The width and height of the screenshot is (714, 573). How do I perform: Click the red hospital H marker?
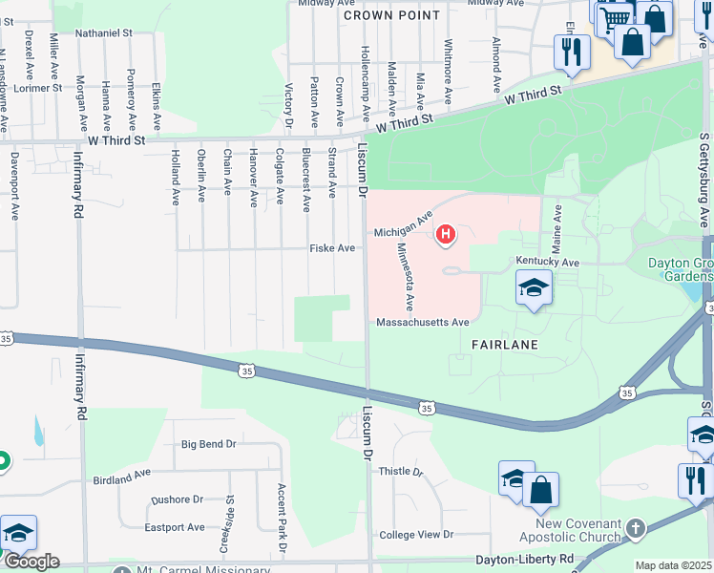(x=445, y=233)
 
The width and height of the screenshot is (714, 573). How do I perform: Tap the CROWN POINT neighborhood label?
(x=391, y=15)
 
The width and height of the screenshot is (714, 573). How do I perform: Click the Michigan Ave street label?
(x=403, y=229)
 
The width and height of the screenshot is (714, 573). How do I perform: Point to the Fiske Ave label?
(x=332, y=248)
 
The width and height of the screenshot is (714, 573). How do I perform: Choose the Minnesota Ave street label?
(x=405, y=276)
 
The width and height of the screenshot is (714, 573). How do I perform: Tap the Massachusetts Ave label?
(x=423, y=323)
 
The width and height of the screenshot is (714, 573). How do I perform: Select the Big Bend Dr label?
(x=208, y=444)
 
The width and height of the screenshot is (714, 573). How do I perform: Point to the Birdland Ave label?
(x=121, y=474)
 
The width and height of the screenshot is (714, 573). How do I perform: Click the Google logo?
(x=31, y=561)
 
